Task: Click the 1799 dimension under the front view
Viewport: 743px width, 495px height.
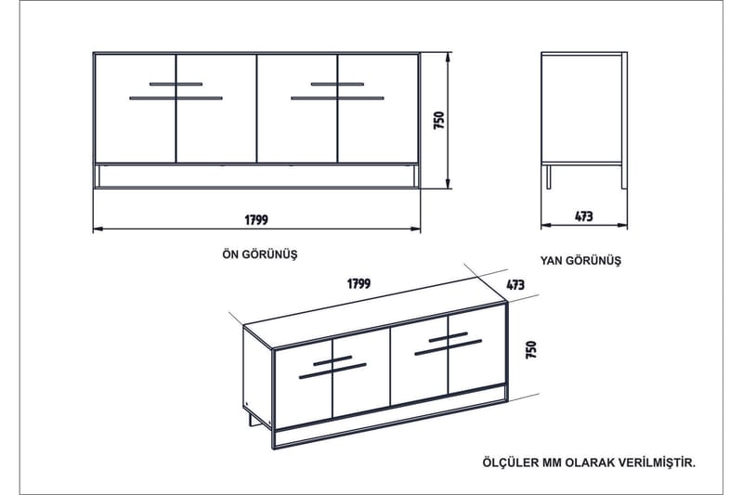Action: tap(256, 220)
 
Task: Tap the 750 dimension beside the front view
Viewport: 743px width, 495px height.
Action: tap(439, 121)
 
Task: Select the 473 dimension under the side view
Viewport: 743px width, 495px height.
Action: tap(583, 216)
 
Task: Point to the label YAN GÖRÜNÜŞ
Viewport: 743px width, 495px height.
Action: tap(580, 261)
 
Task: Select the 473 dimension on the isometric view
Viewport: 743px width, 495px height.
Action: tap(517, 284)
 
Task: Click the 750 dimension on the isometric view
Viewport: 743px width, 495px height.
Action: tap(531, 349)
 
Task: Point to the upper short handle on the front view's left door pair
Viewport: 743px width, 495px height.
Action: tap(175, 85)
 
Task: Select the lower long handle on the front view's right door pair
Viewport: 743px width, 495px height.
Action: tap(337, 97)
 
